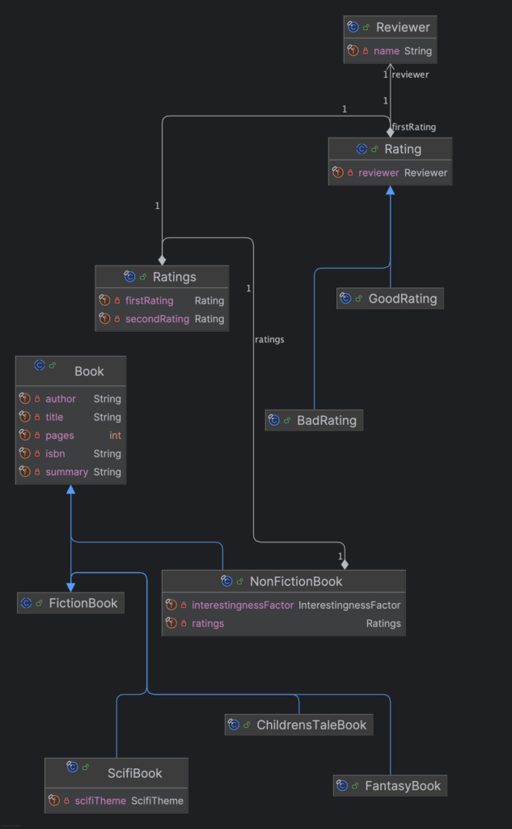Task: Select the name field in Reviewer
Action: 387,51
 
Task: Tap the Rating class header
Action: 402,149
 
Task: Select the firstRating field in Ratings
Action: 150,300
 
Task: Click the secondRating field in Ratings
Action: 157,319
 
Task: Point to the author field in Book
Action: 61,399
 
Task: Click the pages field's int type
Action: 115,436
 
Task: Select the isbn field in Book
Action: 55,454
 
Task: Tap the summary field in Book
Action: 66,472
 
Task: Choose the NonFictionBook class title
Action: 295,581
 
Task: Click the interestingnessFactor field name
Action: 243,605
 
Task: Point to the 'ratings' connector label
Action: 269,339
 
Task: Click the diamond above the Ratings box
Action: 162,260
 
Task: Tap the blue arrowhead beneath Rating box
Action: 390,190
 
